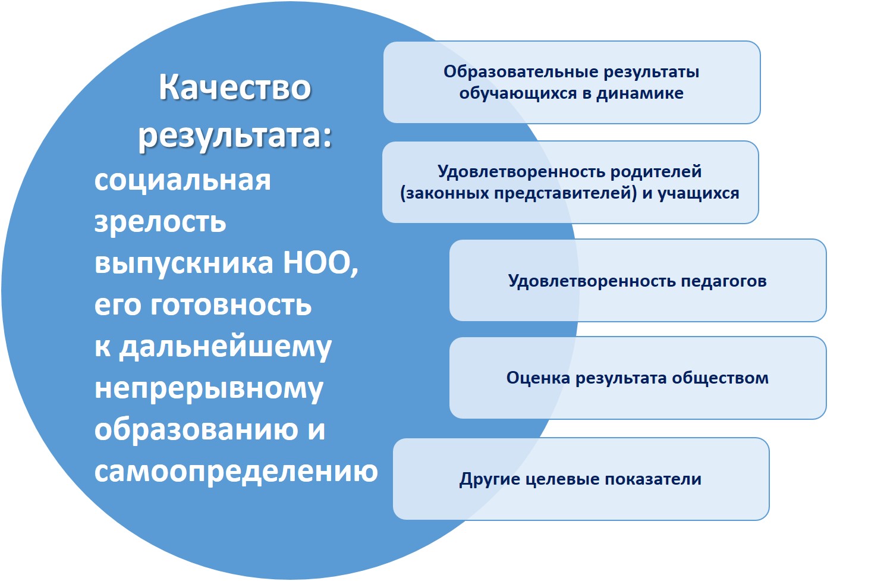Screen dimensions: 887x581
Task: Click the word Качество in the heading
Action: (x=235, y=87)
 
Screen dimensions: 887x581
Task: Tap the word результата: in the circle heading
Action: (x=235, y=137)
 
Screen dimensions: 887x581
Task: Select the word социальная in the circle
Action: (x=183, y=181)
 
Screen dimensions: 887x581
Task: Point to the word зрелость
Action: (x=161, y=222)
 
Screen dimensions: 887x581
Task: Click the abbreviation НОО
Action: (x=321, y=263)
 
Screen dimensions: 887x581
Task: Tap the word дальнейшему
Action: (x=225, y=347)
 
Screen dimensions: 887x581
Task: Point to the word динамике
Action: (x=640, y=93)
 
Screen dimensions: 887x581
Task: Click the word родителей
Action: (x=656, y=172)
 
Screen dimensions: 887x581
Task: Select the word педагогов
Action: (x=724, y=281)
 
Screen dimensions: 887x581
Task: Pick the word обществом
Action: (x=721, y=378)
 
